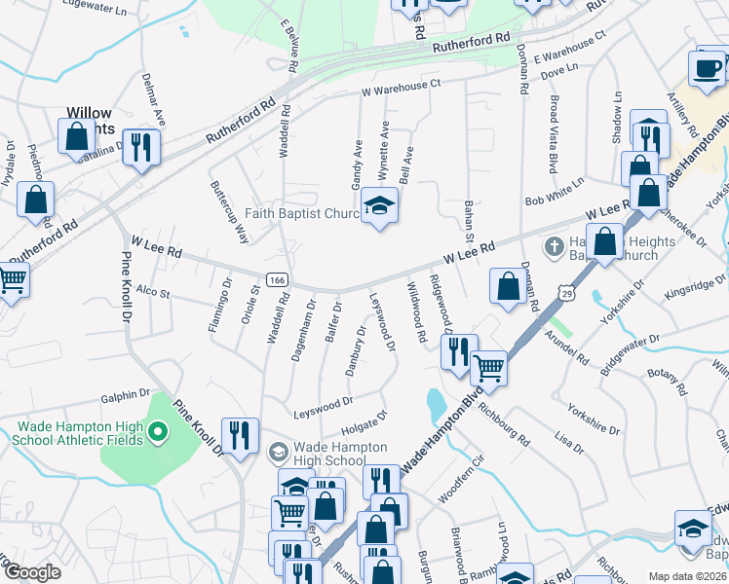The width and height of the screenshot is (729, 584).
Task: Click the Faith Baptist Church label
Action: (x=300, y=214)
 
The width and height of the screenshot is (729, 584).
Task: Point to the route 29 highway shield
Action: (x=567, y=291)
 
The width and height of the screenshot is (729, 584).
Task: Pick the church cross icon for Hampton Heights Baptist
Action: (x=554, y=244)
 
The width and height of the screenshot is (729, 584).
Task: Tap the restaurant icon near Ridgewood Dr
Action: (x=460, y=349)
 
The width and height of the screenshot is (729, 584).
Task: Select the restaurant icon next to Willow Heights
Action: (x=141, y=146)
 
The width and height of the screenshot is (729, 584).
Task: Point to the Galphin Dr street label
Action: (x=129, y=396)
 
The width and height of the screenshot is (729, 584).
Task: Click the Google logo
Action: (x=32, y=572)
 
